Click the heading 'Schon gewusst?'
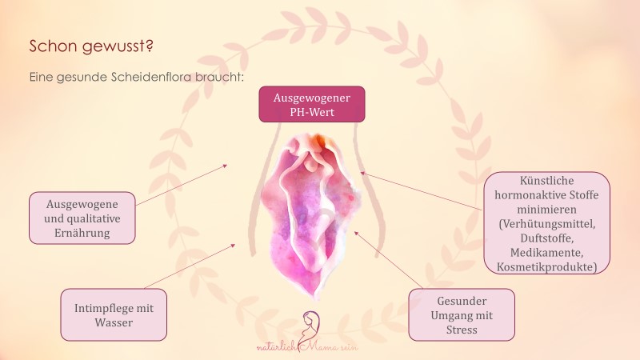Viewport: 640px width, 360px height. point(91,46)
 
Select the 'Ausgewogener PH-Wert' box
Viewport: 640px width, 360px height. point(312,105)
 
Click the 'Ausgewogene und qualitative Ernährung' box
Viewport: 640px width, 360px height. point(82,218)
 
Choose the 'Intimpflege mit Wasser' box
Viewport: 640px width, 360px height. point(114,314)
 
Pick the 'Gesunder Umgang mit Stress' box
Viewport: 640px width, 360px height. point(462,314)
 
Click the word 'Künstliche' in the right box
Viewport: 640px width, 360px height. point(547,181)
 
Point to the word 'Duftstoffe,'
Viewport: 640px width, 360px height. point(547,238)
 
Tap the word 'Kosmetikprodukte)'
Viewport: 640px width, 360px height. point(547,267)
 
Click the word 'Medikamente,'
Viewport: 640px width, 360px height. point(547,252)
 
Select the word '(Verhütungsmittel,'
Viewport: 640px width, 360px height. point(547,224)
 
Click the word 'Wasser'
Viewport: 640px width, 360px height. point(114,322)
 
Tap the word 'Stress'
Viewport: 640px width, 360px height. point(462,330)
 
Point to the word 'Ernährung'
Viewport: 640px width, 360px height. point(82,233)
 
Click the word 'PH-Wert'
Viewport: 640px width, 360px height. point(312,112)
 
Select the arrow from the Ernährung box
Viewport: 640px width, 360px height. point(182,185)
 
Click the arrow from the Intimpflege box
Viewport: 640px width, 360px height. point(190,266)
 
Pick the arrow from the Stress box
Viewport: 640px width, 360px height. point(389,259)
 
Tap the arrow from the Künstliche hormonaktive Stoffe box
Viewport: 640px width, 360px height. point(422,191)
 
